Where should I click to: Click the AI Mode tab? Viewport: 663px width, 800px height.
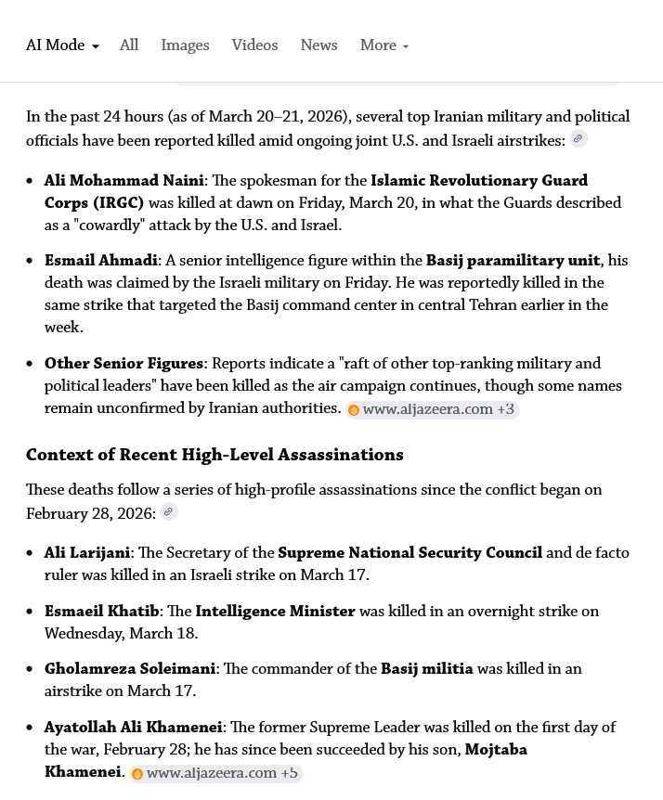click(x=61, y=45)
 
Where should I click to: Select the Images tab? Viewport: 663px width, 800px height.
click(x=185, y=45)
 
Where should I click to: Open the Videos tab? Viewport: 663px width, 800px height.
click(x=254, y=45)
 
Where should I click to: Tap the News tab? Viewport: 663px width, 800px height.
click(x=318, y=45)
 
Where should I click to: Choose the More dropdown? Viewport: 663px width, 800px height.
click(x=383, y=45)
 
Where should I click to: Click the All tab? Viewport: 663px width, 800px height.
click(x=129, y=45)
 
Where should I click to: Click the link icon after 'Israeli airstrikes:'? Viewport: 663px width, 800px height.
click(x=578, y=139)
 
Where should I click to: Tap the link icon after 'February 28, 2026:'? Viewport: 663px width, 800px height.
click(x=168, y=511)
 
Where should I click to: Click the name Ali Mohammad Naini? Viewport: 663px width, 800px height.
click(x=123, y=181)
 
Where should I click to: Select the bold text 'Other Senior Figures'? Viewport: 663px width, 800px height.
click(x=123, y=364)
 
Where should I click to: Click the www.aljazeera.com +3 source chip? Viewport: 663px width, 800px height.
click(x=432, y=409)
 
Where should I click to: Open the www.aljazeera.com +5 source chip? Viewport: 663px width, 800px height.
click(x=216, y=773)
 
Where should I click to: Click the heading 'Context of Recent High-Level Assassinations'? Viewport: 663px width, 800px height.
click(x=214, y=455)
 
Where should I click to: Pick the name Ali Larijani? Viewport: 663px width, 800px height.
click(x=87, y=553)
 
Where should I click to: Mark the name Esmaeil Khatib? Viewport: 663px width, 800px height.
click(x=101, y=612)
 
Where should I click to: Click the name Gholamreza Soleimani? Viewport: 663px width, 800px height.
click(x=130, y=669)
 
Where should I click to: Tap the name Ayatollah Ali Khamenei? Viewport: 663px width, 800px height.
click(x=133, y=728)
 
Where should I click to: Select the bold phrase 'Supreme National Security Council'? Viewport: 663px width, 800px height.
click(x=409, y=553)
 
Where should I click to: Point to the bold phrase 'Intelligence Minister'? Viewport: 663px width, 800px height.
click(x=275, y=612)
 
